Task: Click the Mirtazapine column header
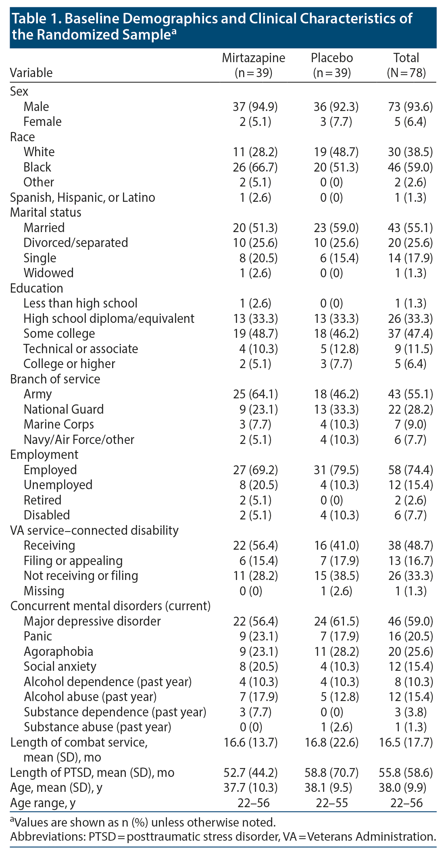click(253, 65)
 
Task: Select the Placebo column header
click(332, 65)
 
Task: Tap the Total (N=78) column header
click(406, 65)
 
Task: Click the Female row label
click(42, 121)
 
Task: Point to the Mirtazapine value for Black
click(255, 167)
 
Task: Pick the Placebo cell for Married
click(336, 228)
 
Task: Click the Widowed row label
click(48, 273)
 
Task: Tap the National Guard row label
click(63, 409)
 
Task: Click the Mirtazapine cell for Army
click(255, 394)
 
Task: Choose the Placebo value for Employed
click(336, 470)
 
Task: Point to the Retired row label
click(42, 500)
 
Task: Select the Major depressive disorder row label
click(92, 621)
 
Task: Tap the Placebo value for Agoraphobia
click(336, 651)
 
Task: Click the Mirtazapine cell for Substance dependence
click(255, 712)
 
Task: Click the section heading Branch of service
click(55, 379)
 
